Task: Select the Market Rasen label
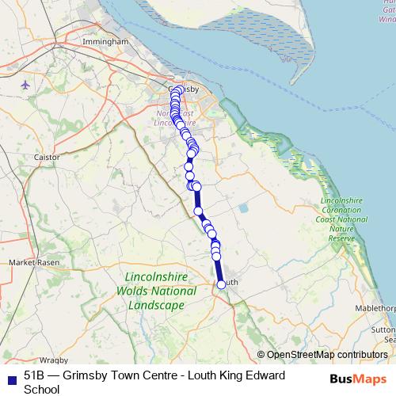29,262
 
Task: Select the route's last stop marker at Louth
221,284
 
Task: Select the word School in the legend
41,389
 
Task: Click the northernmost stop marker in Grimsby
179,89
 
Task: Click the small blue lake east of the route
243,208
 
